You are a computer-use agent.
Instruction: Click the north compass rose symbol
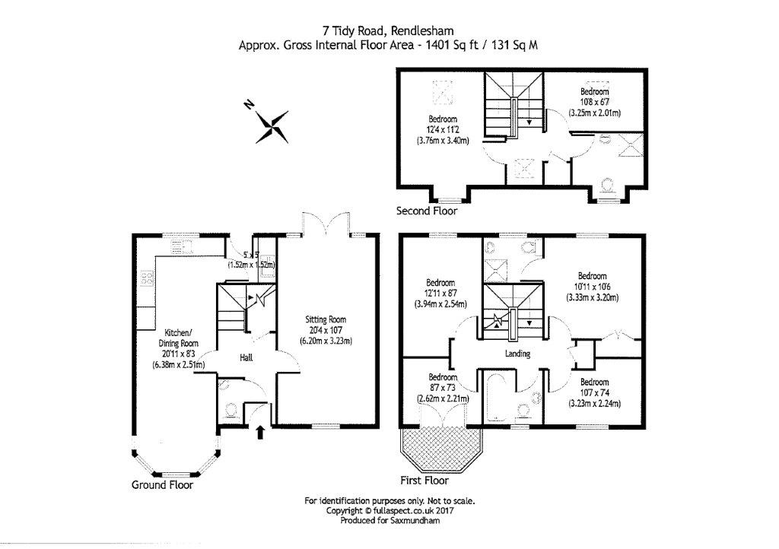[272, 125]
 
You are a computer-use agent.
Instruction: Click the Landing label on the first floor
[517, 354]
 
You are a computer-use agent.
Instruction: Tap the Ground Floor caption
[162, 484]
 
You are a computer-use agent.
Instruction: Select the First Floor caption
[424, 481]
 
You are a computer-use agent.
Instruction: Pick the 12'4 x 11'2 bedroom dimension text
[442, 130]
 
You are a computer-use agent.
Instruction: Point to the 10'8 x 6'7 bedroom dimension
[595, 102]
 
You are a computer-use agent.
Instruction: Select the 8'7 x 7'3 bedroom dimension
[442, 388]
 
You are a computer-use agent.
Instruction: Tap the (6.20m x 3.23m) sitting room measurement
[326, 340]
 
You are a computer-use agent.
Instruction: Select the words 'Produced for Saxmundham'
[389, 521]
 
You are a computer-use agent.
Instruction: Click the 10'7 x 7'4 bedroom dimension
[594, 392]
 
